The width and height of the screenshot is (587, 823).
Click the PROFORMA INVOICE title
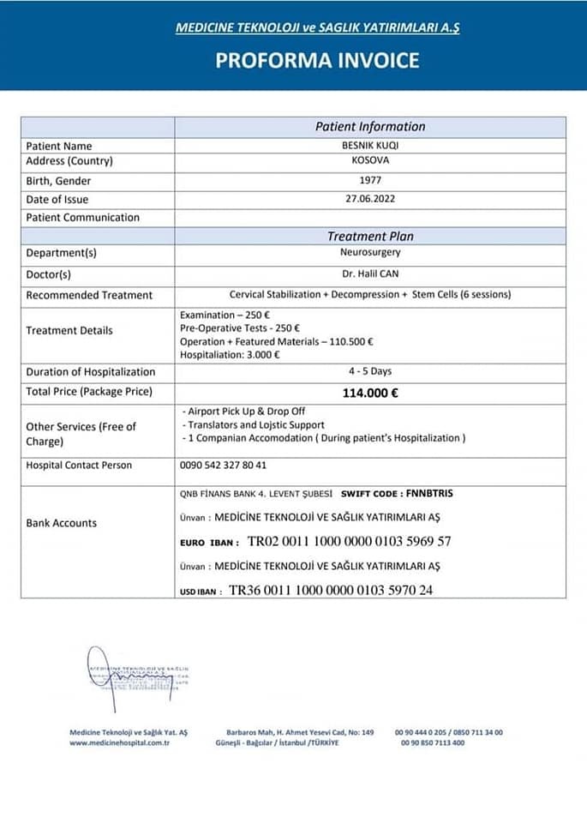(x=317, y=60)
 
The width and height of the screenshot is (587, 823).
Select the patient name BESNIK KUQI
(x=370, y=145)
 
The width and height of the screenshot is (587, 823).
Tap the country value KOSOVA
(x=370, y=160)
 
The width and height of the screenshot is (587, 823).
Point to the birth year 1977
(x=370, y=181)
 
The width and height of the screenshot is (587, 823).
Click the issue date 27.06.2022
(x=370, y=199)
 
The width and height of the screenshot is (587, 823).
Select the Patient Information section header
(x=370, y=126)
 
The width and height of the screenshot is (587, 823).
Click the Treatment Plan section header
(x=370, y=236)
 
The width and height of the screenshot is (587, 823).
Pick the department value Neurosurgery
(x=370, y=253)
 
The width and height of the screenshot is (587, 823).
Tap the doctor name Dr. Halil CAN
(x=370, y=274)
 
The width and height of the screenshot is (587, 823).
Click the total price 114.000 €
(x=370, y=393)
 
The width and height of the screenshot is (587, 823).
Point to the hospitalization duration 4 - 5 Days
(x=370, y=371)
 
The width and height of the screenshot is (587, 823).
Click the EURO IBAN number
(x=349, y=542)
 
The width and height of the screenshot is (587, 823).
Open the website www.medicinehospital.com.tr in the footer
(x=119, y=742)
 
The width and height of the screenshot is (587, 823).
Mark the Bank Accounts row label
(x=62, y=523)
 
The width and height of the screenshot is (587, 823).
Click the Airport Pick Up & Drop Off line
(x=244, y=411)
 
